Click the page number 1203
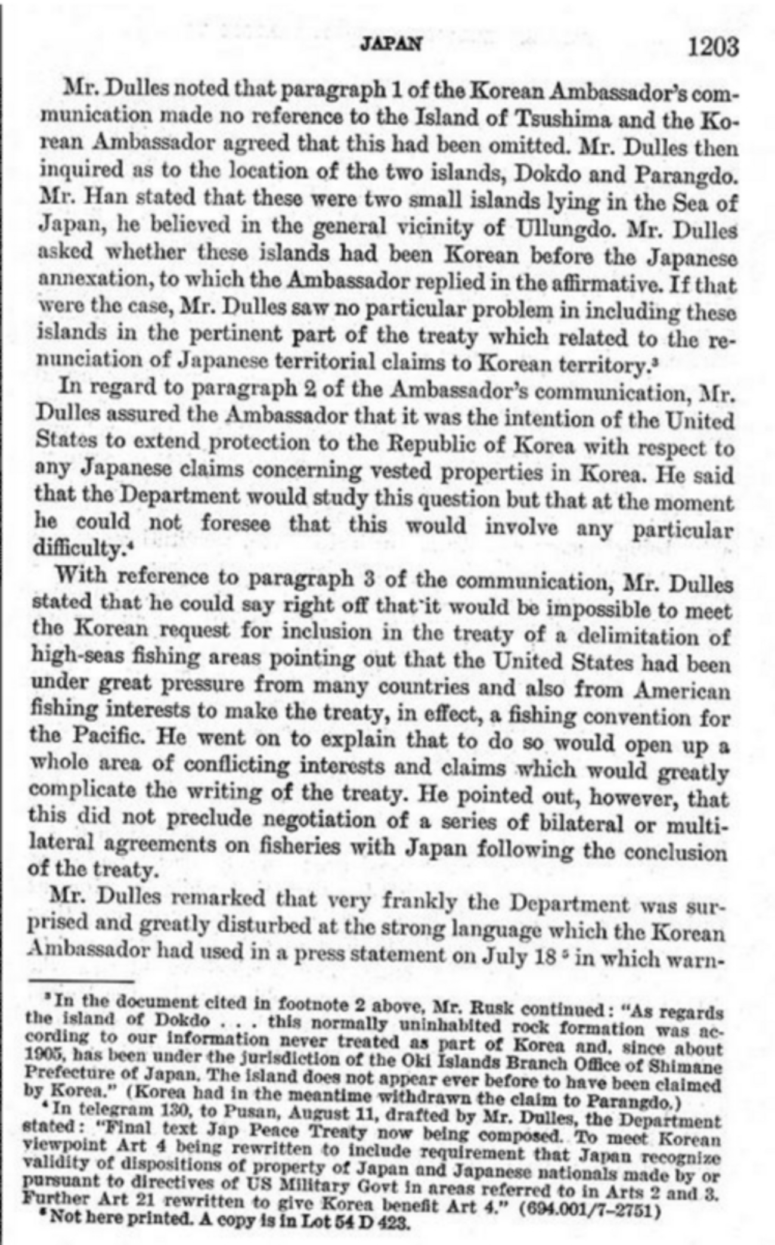(713, 46)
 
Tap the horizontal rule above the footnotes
(81, 981)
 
